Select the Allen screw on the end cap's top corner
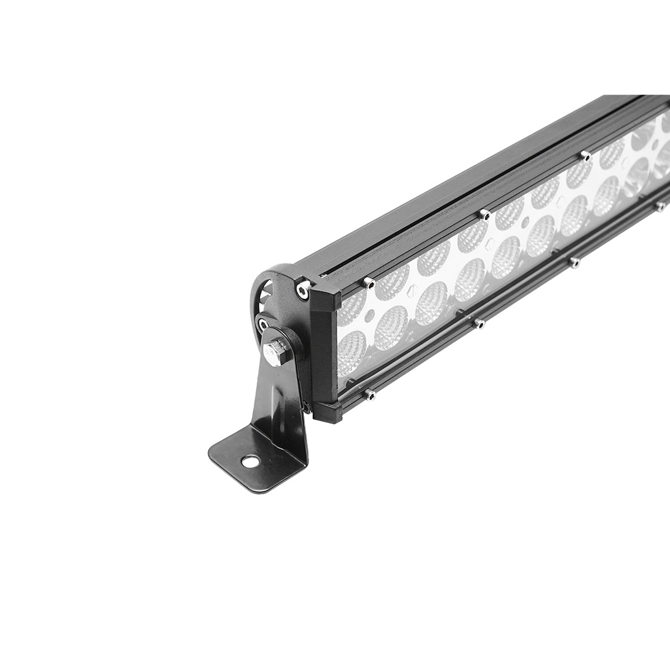click(302, 287)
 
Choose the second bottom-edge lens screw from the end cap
click(478, 323)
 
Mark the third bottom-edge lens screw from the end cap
click(575, 261)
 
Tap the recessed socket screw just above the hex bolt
click(262, 324)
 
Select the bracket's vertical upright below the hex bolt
click(274, 402)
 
